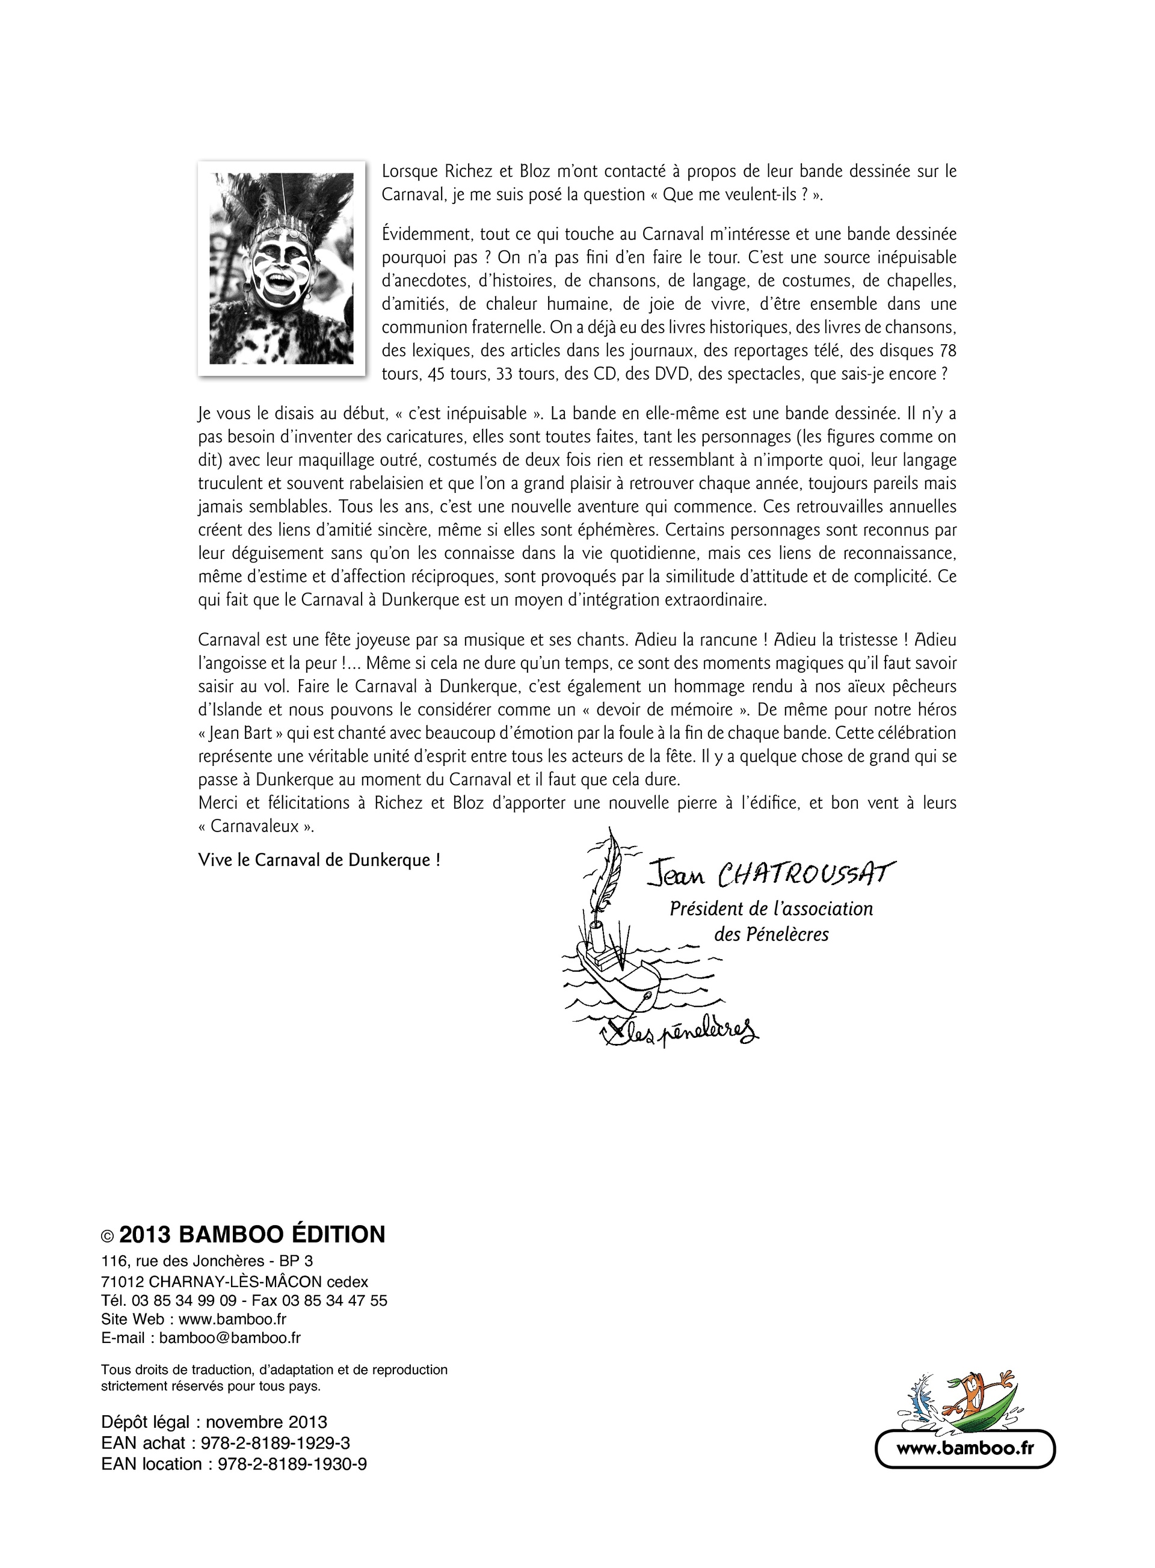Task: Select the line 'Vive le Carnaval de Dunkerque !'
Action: click(x=319, y=860)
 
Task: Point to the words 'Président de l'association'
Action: click(x=771, y=909)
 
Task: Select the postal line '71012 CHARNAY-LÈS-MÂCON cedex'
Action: click(x=234, y=1282)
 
